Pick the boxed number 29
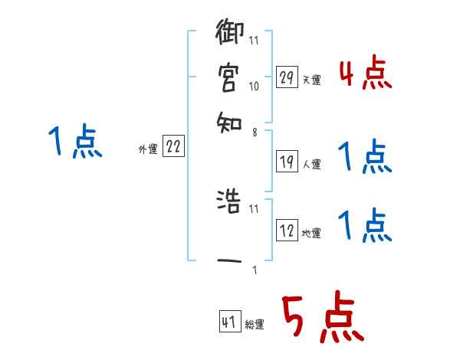point(287,77)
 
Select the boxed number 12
point(287,231)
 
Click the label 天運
point(312,80)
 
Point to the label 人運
point(312,163)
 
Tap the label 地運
point(312,233)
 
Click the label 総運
point(255,325)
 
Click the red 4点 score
point(365,74)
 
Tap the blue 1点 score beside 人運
point(365,158)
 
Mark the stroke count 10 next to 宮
point(254,87)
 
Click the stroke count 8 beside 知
point(254,132)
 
